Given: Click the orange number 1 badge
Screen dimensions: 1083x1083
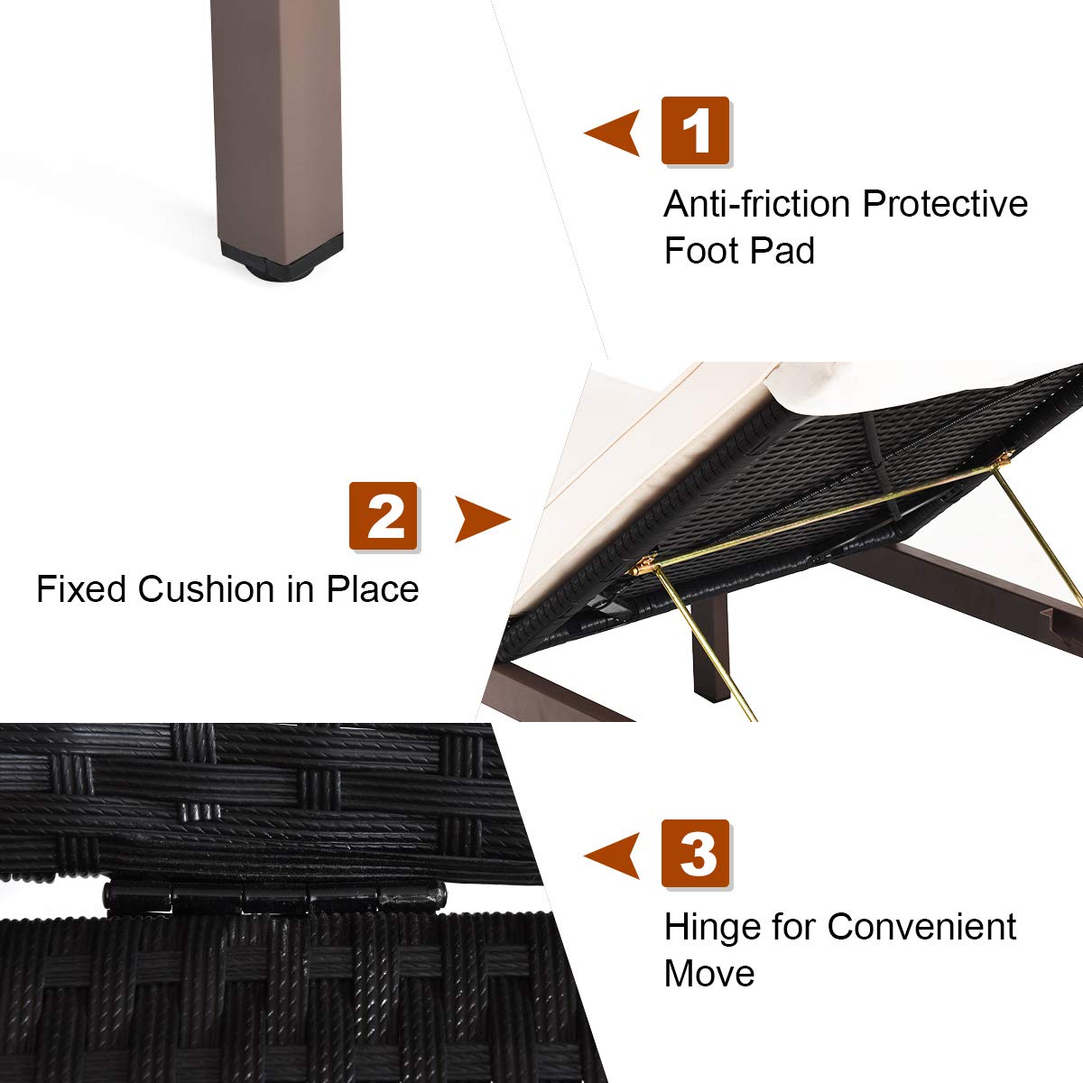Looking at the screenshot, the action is (695, 130).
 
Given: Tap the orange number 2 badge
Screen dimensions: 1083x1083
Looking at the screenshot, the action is (384, 515).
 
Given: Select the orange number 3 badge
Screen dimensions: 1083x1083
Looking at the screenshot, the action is (695, 853).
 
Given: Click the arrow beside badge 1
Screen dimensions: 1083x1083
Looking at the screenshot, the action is (612, 133).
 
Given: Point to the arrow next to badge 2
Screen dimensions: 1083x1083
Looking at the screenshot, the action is (483, 519).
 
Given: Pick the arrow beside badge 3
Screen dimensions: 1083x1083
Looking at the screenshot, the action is (612, 856).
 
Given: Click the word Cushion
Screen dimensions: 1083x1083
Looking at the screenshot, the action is (207, 589).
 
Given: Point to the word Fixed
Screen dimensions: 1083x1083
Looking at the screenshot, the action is (81, 589).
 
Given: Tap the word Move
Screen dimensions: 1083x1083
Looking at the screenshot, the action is (709, 974).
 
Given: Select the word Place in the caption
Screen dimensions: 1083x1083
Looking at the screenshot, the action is (373, 589).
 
